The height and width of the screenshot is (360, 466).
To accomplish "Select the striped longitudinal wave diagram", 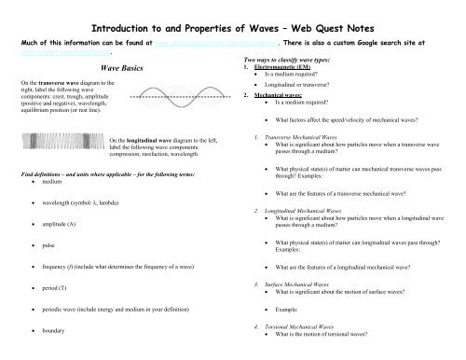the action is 63,144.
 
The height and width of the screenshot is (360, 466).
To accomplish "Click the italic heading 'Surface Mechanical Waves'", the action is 299,284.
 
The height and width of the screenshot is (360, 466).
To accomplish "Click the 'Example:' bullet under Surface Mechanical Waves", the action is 290,308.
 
